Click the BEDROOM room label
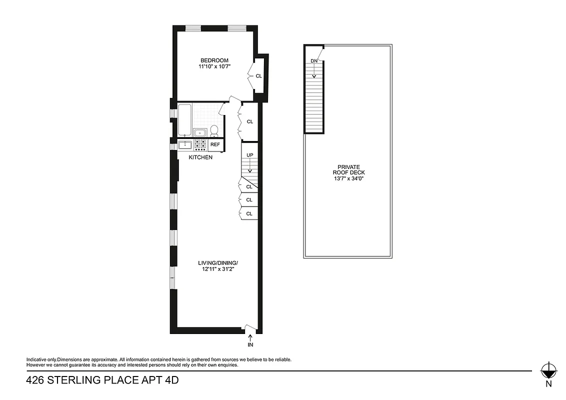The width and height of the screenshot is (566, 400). pos(214,60)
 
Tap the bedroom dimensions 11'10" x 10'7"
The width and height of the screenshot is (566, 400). pos(214,66)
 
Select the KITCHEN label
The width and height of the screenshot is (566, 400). pos(200,157)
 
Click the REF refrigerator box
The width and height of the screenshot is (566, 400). pos(215,144)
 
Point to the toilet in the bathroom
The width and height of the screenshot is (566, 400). pos(214,130)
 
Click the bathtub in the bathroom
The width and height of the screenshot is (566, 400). pos(184,119)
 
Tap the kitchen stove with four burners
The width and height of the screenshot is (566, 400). pos(200,144)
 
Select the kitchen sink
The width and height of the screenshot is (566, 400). pos(185,145)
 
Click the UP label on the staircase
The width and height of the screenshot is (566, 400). pos(249,155)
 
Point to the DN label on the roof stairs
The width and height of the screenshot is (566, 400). pos(314,61)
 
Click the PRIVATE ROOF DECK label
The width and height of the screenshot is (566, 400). pos(348,170)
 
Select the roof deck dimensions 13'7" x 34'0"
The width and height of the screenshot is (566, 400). pos(348,178)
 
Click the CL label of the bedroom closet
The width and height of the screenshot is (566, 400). pos(258,76)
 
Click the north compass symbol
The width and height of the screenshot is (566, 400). pos(548,370)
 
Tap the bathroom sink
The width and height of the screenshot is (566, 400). pos(200,132)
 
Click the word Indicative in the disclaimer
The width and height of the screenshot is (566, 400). pos(37,359)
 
